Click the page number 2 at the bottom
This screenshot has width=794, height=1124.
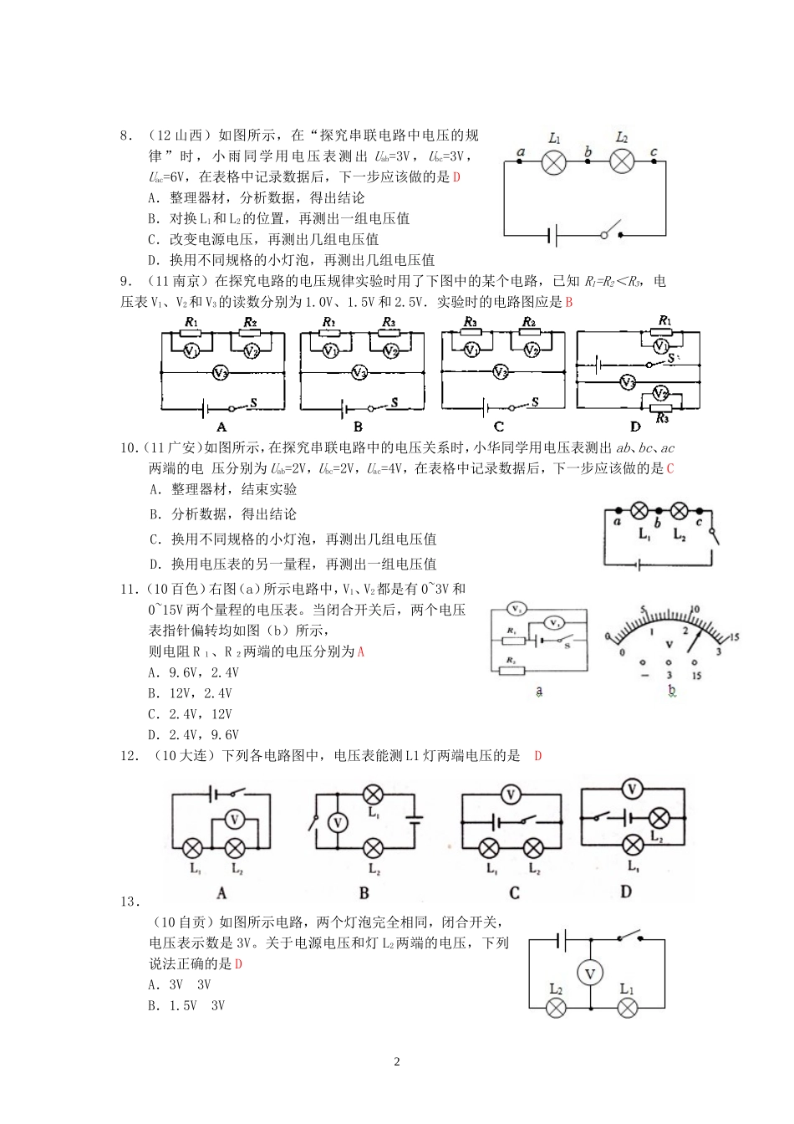tap(397, 1062)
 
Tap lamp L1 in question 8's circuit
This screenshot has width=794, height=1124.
tap(553, 161)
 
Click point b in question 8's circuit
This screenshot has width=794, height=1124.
tap(588, 159)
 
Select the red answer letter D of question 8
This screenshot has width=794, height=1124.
tap(456, 176)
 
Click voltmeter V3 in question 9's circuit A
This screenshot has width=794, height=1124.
tap(220, 373)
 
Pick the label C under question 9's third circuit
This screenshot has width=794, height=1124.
tap(500, 427)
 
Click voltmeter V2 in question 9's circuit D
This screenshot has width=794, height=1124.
tap(659, 393)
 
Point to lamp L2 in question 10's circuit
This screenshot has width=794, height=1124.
tap(679, 510)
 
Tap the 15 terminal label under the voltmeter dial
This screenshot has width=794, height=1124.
tap(696, 676)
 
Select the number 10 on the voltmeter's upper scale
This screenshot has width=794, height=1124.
tap(695, 610)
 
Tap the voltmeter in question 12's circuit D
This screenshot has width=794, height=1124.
tap(632, 789)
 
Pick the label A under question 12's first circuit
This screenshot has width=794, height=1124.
tap(221, 893)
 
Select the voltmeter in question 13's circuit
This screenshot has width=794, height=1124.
tap(590, 973)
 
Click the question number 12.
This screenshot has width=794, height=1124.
tap(129, 756)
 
